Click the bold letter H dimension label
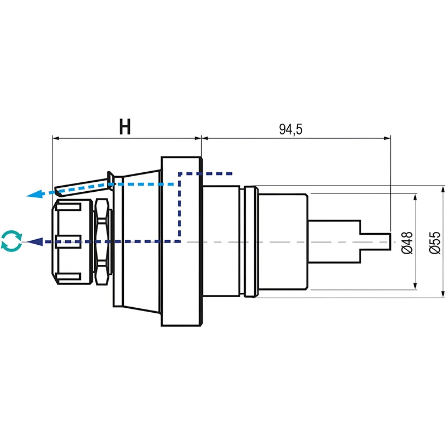click(x=125, y=128)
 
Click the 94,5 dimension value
click(x=290, y=130)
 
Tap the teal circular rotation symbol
click(x=12, y=241)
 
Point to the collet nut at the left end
click(x=69, y=241)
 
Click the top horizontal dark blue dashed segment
click(x=206, y=173)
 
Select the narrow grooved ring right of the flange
click(x=251, y=242)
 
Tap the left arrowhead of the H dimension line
click(x=55, y=138)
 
